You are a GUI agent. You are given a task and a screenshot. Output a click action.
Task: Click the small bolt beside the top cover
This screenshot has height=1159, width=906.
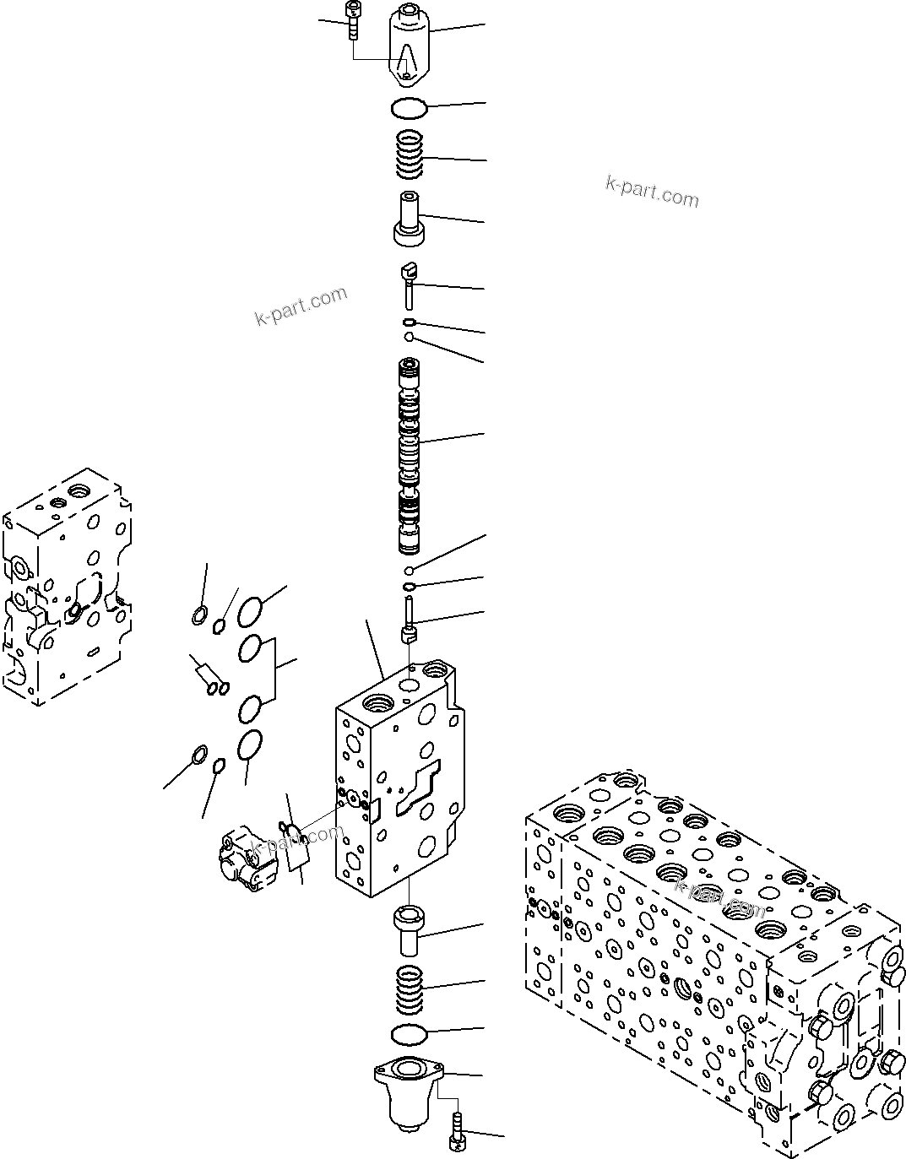pyautogui.click(x=351, y=19)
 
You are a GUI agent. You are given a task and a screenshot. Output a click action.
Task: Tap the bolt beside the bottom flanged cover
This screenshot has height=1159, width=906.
pyautogui.click(x=457, y=1131)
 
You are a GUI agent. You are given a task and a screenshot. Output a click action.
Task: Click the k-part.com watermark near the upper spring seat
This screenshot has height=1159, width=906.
pyautogui.click(x=652, y=192)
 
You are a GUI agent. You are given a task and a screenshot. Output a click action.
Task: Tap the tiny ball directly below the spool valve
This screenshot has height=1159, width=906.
pyautogui.click(x=408, y=570)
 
